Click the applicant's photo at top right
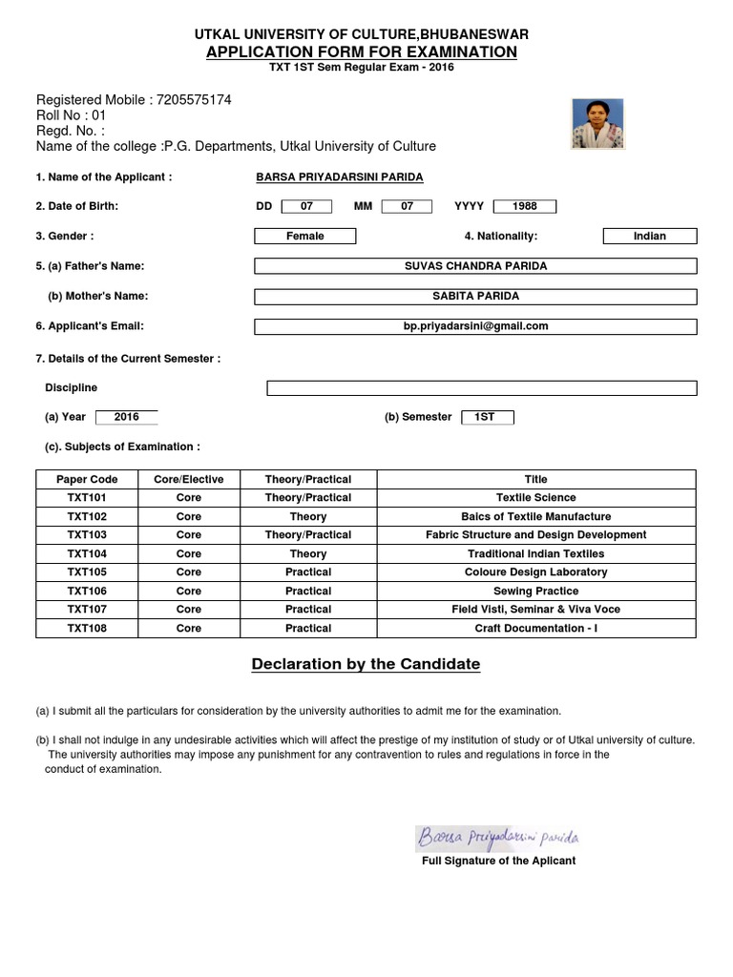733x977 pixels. (597, 124)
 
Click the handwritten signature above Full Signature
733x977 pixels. (497, 839)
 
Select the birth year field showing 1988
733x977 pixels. (524, 206)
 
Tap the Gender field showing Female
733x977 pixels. (305, 236)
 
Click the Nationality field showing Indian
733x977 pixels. (650, 236)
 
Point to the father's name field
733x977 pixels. (475, 266)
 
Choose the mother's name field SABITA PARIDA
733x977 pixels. (475, 297)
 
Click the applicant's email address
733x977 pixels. (475, 326)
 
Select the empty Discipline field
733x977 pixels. (481, 387)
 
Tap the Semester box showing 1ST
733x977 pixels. (487, 417)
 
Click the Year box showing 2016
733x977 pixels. (127, 417)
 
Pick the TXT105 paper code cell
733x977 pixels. (86, 572)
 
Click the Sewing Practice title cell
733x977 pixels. (535, 592)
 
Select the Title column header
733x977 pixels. (535, 479)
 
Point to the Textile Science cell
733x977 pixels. (535, 498)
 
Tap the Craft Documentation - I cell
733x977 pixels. (535, 629)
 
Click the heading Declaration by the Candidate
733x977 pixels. (366, 664)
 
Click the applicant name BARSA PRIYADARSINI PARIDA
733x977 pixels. (340, 177)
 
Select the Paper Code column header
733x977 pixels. (86, 479)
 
